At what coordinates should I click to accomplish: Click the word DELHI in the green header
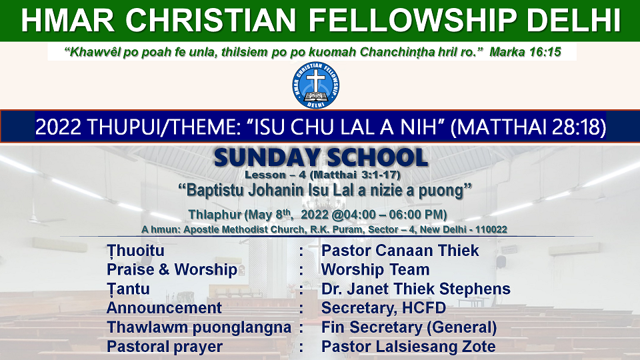(573, 20)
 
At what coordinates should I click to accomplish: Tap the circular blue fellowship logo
(315, 85)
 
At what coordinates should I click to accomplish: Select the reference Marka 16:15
(525, 52)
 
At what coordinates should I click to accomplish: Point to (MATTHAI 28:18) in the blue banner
(528, 127)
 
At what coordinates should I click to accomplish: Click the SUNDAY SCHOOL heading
(321, 157)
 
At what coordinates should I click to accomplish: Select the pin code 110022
(491, 229)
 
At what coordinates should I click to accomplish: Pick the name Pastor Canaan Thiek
(400, 251)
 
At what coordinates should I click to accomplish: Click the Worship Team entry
(375, 270)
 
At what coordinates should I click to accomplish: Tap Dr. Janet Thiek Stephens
(416, 289)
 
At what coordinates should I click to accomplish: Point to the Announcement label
(164, 308)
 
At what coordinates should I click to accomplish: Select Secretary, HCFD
(384, 308)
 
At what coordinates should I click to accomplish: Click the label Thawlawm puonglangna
(199, 328)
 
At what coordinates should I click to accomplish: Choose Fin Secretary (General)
(409, 327)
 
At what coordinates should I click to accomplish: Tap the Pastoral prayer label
(165, 347)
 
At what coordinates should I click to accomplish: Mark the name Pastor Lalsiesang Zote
(409, 347)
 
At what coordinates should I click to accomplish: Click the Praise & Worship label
(172, 270)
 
